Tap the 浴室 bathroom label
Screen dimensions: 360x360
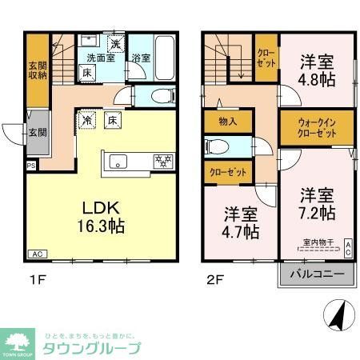click(141, 57)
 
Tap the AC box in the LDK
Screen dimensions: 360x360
click(37, 254)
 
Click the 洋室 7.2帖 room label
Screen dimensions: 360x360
click(317, 203)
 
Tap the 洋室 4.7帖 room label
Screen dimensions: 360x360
click(240, 222)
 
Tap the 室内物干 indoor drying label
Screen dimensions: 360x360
click(319, 242)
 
